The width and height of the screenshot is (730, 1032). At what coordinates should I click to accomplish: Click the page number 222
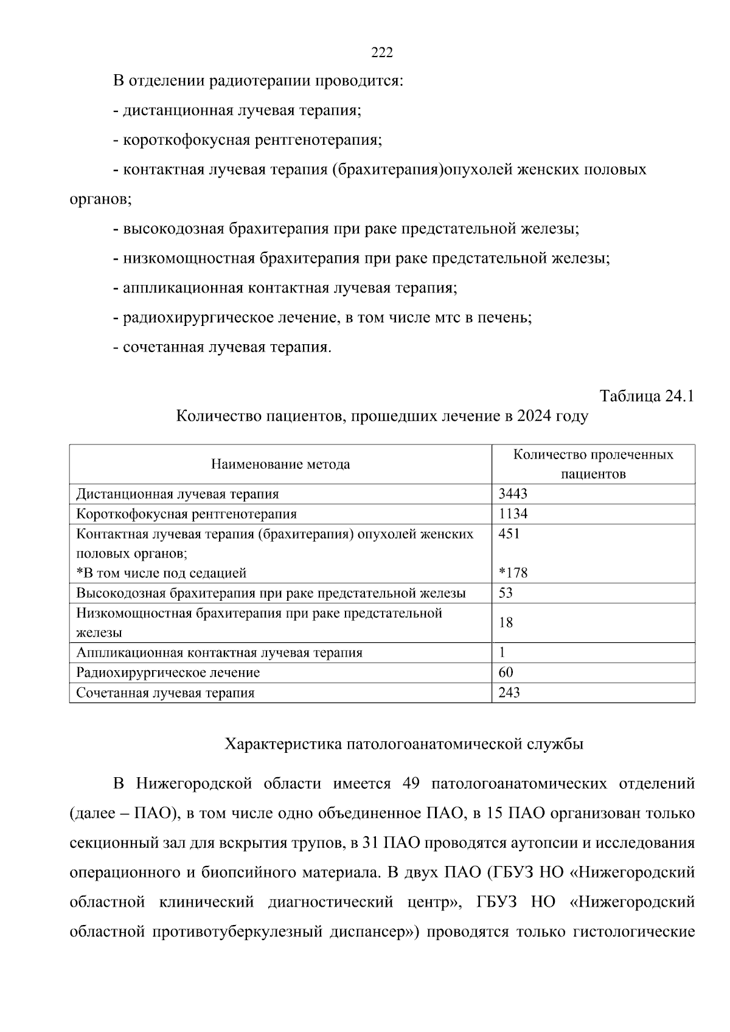382,53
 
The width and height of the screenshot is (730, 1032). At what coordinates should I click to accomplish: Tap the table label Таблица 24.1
647,396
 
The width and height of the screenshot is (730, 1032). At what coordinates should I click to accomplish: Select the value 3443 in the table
512,494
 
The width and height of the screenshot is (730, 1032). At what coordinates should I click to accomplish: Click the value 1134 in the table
513,514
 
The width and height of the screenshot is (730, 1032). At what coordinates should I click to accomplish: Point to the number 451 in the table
509,534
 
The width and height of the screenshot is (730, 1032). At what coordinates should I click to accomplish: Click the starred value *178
513,573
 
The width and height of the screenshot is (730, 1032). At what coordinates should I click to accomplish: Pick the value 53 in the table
506,593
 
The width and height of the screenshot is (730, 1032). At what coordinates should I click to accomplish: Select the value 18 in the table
506,622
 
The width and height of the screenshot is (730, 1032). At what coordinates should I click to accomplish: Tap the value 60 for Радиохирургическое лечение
506,672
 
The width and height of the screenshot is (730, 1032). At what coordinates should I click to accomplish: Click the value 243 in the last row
509,692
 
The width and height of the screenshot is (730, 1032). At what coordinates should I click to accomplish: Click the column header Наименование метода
280,465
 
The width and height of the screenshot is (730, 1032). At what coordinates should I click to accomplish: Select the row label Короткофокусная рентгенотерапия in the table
186,514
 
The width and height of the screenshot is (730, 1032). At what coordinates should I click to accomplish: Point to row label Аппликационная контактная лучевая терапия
219,653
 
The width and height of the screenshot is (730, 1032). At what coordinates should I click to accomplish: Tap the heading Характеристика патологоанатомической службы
404,744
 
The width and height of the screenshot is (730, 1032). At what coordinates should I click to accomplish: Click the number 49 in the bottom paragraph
412,783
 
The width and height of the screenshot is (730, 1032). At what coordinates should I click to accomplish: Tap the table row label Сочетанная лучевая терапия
165,693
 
